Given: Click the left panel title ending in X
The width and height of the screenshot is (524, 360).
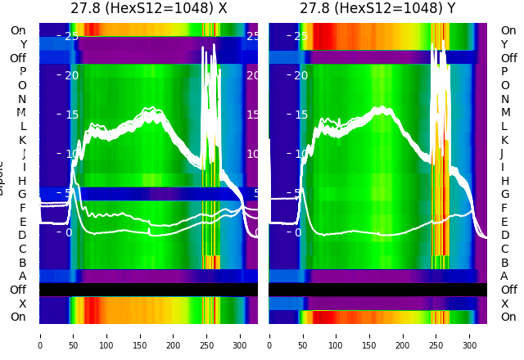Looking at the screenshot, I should pos(148,9).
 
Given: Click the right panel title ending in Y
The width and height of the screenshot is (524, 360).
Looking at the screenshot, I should pos(377,9).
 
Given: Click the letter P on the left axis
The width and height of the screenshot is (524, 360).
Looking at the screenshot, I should pos(22,71).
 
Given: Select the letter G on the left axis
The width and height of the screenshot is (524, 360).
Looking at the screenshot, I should pos(22,194).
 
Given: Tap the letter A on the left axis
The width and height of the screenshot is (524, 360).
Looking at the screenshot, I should pos(22,276).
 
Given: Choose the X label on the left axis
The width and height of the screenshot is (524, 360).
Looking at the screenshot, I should pos(22,304).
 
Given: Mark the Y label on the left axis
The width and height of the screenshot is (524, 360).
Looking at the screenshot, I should pos(22,44).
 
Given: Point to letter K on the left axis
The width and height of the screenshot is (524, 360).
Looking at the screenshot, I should pos(22,140).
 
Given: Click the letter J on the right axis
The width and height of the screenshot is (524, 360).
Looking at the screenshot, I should pos(501,153).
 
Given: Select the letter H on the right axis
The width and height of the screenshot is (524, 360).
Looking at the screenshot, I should pos(504,181).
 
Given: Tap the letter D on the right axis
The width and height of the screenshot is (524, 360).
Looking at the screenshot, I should pos(504,235).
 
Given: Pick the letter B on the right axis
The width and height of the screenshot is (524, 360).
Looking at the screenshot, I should pos(504,263).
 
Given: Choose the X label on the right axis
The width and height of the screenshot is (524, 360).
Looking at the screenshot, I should pos(504,304).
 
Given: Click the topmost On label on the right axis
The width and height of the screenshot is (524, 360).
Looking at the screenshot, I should pos(508,30).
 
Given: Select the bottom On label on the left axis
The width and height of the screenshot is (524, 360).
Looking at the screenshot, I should pos(18,317).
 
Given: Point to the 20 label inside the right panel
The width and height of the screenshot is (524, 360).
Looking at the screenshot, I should pos(300,75).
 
